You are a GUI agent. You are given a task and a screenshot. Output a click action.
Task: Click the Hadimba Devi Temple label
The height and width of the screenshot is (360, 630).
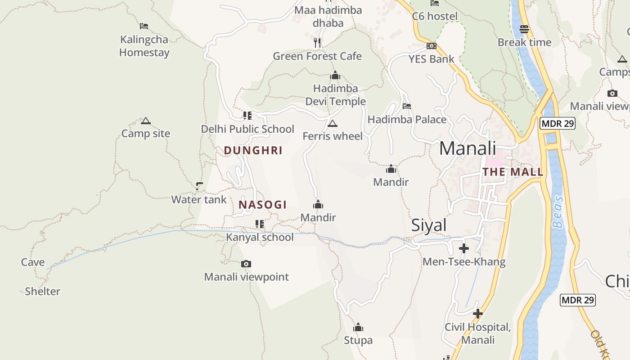[336, 95]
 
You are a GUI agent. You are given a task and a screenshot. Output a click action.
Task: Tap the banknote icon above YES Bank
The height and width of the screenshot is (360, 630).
[432, 46]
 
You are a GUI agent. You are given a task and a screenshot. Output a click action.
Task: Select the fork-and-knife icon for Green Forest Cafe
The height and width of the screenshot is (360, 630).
[318, 43]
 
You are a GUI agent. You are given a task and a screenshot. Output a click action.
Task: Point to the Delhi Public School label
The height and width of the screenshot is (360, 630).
[247, 129]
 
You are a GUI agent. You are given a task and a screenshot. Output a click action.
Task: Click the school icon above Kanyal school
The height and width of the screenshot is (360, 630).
[260, 224]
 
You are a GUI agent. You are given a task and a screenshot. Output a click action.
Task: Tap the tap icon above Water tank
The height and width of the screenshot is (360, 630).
[199, 186]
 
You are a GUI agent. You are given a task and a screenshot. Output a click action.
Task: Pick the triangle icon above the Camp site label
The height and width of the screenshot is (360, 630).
[145, 121]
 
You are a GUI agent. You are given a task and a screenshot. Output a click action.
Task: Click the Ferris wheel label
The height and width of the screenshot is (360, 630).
[333, 136]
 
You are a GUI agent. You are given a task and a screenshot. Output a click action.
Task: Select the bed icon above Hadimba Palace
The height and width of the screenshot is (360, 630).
[407, 106]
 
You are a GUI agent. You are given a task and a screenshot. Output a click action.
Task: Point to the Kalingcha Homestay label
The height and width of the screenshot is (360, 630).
[144, 46]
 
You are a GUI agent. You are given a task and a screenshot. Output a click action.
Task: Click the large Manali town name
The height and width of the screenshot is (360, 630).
[468, 148]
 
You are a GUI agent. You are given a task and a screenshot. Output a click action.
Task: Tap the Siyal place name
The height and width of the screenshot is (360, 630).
[429, 225]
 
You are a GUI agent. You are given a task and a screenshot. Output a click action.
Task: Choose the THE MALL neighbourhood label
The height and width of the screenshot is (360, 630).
[513, 172]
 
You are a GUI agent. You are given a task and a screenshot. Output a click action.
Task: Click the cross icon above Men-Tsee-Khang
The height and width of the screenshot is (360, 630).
[464, 248]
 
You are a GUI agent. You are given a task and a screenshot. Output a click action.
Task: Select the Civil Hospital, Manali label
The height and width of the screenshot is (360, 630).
[478, 333]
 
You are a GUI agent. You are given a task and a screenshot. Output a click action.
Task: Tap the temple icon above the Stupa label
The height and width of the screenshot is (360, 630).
[358, 327]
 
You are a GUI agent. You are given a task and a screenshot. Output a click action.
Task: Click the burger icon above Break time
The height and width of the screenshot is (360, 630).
[524, 29]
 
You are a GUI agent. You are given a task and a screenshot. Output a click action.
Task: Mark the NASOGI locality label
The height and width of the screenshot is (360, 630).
[263, 205]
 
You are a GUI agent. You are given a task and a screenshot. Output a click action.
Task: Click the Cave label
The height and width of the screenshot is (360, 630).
[33, 262]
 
